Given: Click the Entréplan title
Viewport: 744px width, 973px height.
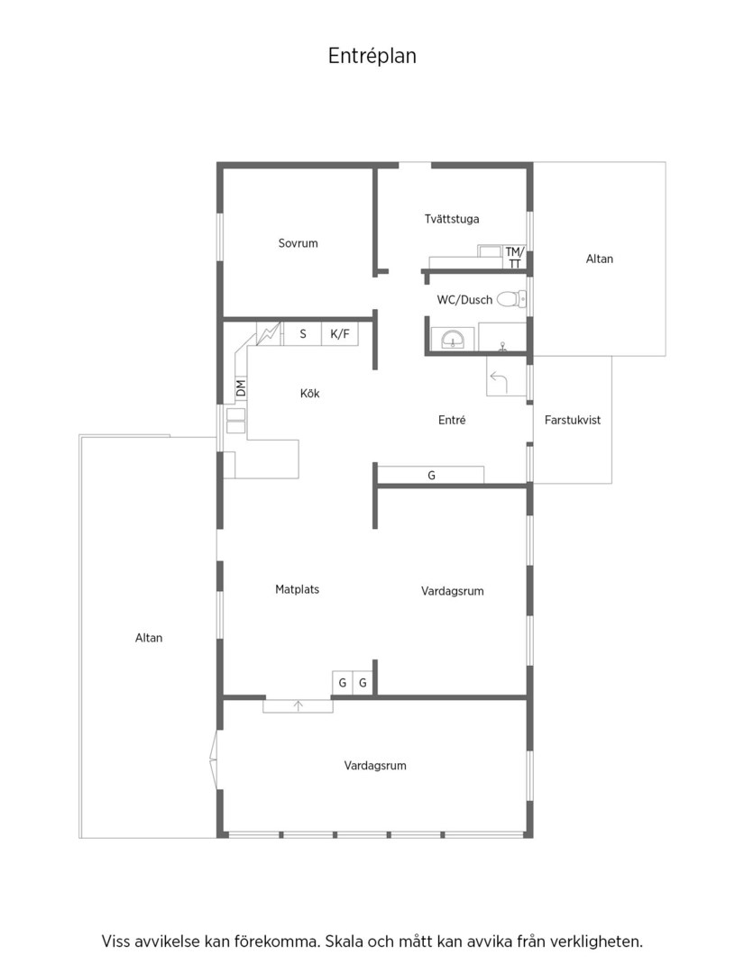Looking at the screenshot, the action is tap(372, 57).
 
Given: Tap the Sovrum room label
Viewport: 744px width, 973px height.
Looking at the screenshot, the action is tap(299, 243).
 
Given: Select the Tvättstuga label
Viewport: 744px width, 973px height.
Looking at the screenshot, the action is tap(452, 219).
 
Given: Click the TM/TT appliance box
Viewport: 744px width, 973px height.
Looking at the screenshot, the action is tap(514, 258).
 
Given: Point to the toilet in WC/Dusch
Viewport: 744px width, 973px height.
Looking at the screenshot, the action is tap(511, 300).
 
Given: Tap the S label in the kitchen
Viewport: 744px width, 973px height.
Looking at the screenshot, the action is tap(303, 334).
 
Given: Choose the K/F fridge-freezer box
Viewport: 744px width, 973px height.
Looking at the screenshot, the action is tap(340, 334).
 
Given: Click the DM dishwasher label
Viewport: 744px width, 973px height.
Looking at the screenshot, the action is tap(241, 387).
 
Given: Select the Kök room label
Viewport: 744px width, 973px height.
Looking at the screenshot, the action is tap(310, 394).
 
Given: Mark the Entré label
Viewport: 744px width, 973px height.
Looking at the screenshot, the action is tap(452, 420).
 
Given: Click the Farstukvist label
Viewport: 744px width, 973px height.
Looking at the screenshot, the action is tap(573, 420).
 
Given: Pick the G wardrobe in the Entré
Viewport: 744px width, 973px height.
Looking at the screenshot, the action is tap(431, 475).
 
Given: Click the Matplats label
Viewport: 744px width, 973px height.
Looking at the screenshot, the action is tap(297, 589).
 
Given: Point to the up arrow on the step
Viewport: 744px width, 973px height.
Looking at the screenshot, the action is tap(299, 705).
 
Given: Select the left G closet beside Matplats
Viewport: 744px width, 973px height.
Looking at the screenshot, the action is tap(342, 683).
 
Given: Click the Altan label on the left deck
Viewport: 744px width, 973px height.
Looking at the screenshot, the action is tap(149, 638).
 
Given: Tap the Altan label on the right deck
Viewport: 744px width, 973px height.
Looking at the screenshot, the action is tap(600, 259).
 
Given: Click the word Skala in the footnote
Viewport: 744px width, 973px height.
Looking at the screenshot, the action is tap(345, 941).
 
